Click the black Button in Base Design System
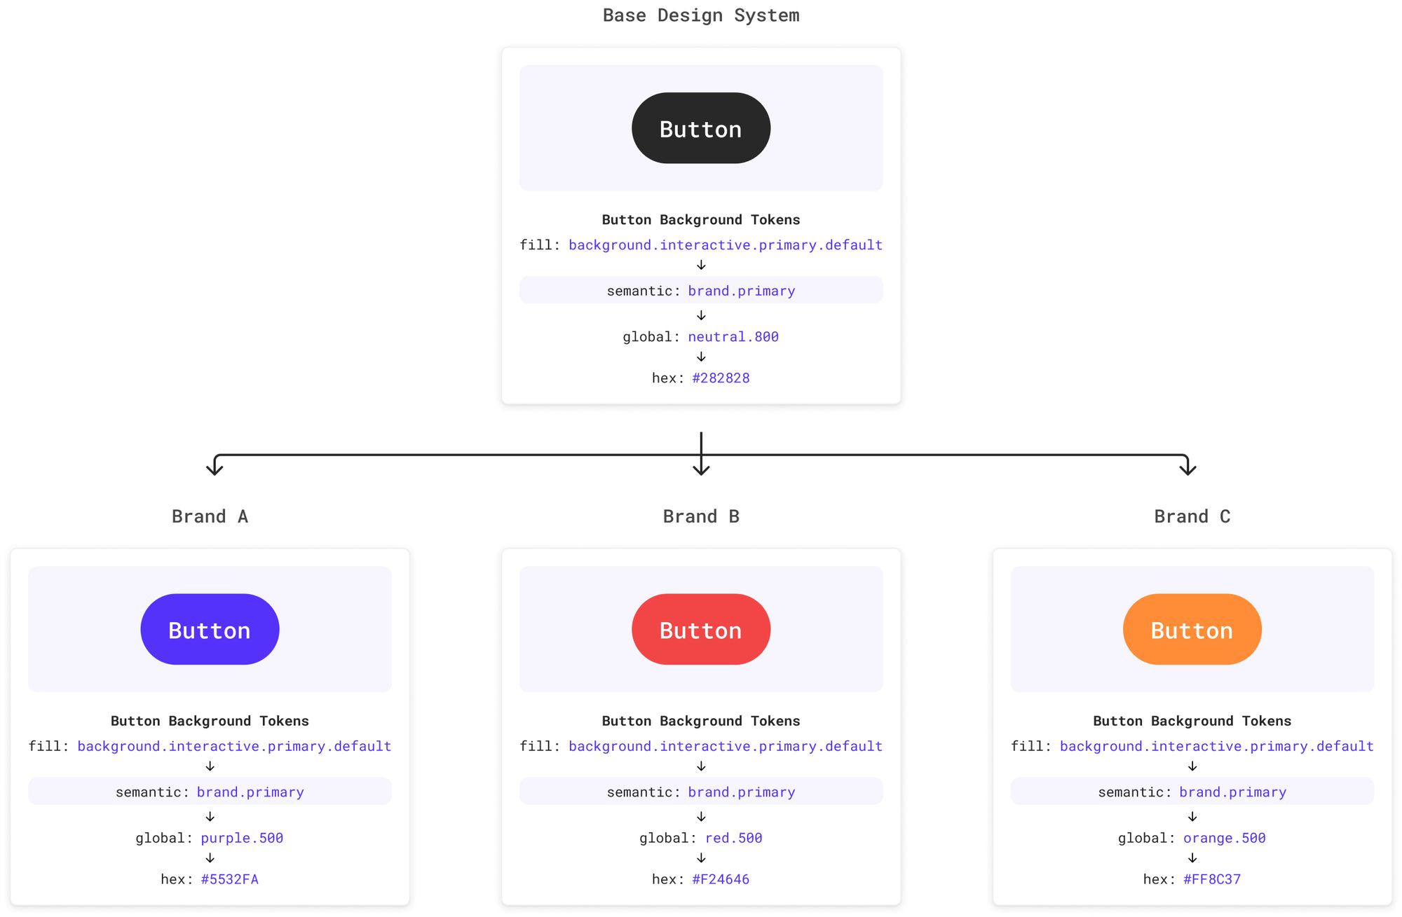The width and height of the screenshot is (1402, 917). (700, 128)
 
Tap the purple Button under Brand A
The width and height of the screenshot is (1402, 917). (210, 629)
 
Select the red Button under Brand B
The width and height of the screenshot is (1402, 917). (700, 629)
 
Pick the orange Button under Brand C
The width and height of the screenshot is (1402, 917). (1192, 629)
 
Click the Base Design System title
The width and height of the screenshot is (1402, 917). (700, 15)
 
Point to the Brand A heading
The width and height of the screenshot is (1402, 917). (210, 516)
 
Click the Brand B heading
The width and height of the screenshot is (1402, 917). (700, 516)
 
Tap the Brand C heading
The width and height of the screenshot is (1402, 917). (1192, 516)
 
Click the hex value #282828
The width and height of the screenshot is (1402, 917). (721, 378)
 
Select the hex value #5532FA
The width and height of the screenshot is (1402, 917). (229, 879)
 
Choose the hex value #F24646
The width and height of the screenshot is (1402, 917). (721, 879)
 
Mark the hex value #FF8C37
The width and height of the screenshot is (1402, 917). (1212, 879)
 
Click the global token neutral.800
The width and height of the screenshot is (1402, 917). (733, 337)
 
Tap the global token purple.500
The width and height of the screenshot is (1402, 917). (242, 838)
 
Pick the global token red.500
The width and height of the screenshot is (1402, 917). (733, 838)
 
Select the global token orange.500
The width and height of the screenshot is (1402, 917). (1225, 838)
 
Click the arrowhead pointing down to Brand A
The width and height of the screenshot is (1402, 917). (215, 469)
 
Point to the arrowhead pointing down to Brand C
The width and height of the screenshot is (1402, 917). (1187, 469)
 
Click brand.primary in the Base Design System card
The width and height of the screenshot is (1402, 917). (741, 291)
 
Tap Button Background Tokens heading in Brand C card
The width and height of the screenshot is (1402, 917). (1192, 721)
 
